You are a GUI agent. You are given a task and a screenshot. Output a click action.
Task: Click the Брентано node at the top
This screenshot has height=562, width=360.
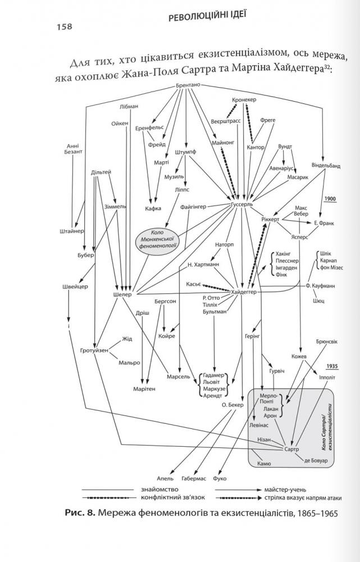(188, 85)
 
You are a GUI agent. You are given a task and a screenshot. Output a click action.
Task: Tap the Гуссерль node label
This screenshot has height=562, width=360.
(242, 205)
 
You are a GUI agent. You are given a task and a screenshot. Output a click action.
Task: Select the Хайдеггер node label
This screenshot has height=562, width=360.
(244, 292)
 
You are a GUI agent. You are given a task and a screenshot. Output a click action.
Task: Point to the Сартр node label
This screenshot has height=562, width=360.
(291, 449)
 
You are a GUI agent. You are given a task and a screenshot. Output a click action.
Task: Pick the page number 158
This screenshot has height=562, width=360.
(64, 27)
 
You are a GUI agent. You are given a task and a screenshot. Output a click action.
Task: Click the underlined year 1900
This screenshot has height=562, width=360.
(330, 198)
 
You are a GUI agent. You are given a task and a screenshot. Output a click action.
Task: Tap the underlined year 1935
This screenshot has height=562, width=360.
(332, 366)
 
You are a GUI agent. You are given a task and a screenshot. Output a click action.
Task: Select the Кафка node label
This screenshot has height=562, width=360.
(153, 209)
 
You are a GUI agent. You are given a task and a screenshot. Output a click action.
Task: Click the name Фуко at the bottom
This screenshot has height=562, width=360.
(220, 478)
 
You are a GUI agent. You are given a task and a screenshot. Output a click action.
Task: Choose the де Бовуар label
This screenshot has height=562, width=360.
(316, 461)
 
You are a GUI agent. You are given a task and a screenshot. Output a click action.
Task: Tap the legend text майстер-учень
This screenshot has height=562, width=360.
(285, 490)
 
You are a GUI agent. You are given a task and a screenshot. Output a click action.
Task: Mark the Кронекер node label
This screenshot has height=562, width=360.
(244, 99)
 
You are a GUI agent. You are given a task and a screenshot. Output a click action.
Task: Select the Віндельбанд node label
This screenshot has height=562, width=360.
(326, 166)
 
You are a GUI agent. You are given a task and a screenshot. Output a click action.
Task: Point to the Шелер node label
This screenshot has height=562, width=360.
(122, 294)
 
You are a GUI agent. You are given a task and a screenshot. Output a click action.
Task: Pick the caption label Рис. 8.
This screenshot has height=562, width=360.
(80, 513)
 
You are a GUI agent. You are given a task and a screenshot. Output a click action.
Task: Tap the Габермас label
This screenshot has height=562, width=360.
(194, 478)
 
